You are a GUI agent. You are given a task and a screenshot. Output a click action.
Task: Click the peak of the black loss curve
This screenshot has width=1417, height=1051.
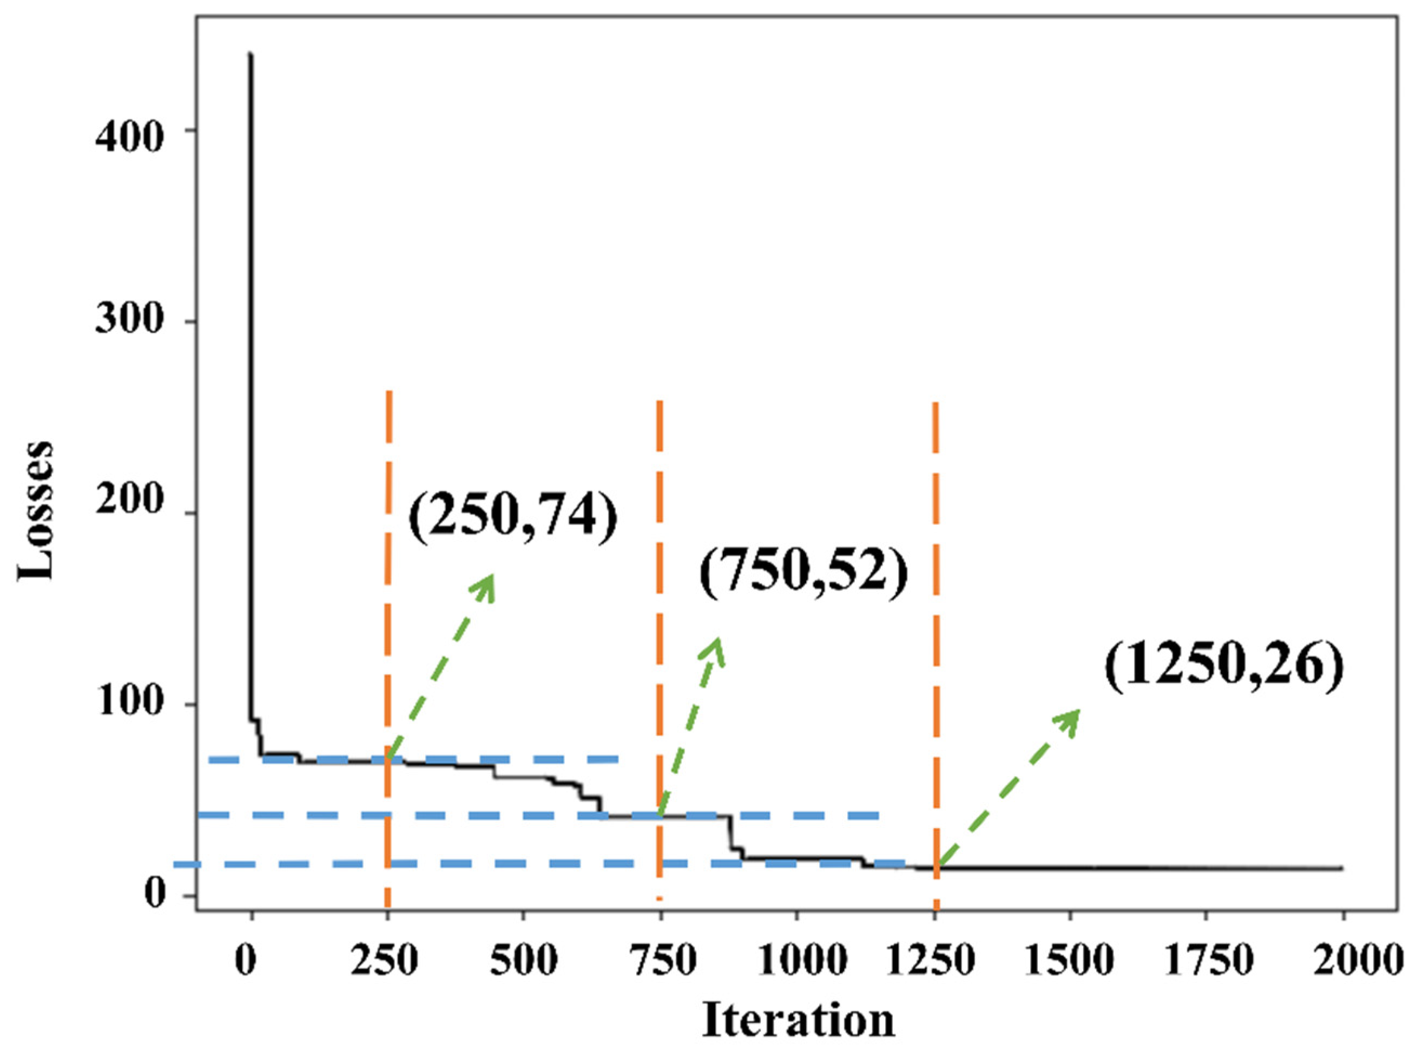(x=251, y=55)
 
